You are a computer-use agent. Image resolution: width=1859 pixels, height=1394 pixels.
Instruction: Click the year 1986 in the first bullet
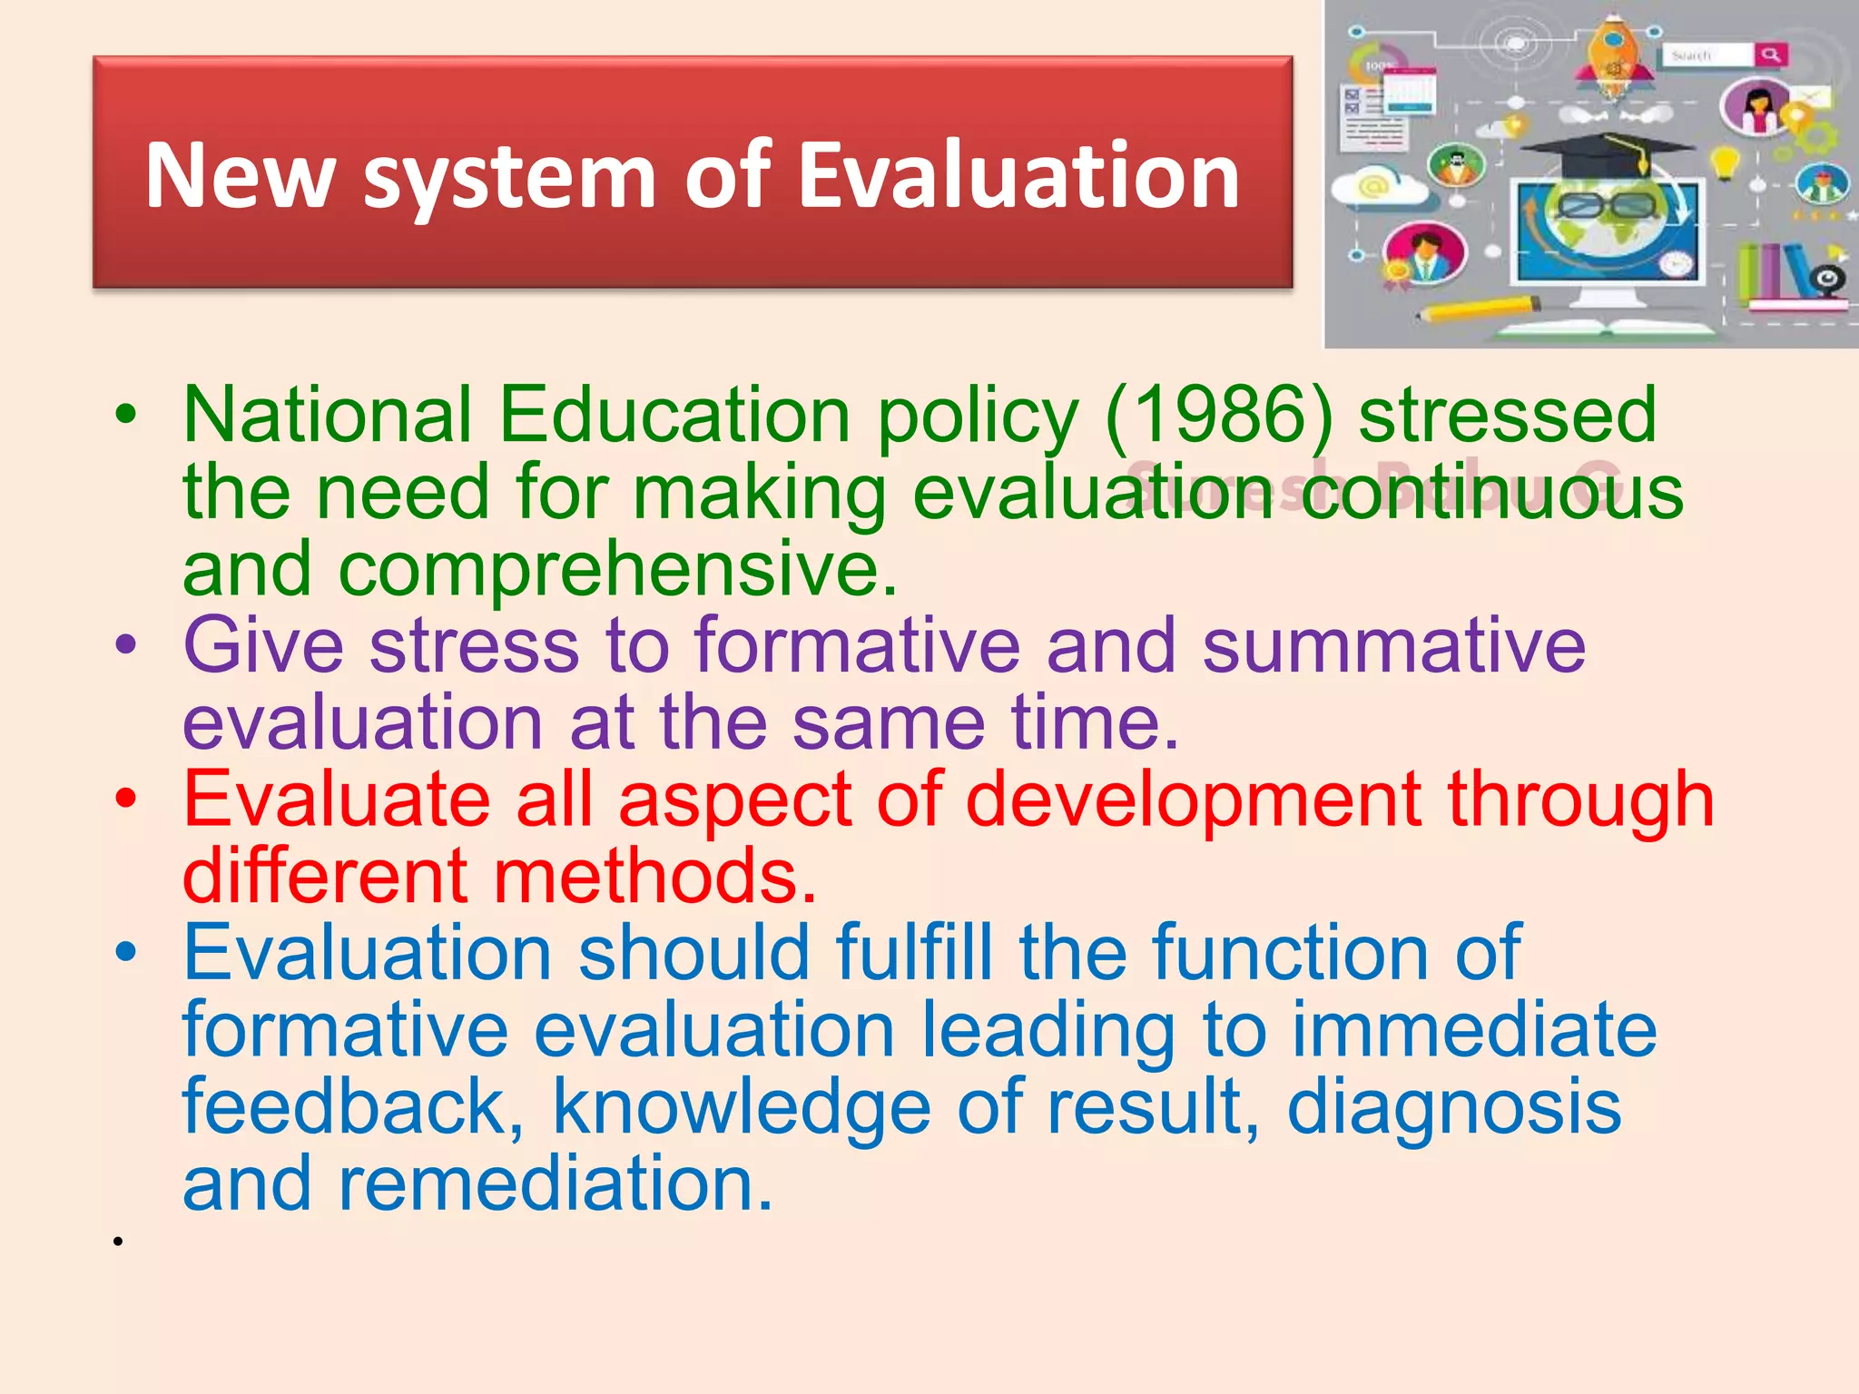click(x=1219, y=415)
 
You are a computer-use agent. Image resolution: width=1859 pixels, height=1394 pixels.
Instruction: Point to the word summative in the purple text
click(x=1394, y=645)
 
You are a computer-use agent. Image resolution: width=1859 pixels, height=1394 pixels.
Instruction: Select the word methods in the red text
click(x=654, y=877)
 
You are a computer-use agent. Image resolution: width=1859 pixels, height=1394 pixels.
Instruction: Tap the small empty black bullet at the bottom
click(x=118, y=1241)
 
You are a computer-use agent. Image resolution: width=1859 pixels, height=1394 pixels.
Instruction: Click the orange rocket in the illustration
click(x=1615, y=50)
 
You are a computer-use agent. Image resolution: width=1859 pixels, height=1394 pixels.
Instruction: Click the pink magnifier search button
click(x=1770, y=55)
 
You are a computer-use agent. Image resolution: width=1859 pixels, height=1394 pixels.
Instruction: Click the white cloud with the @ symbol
click(x=1377, y=188)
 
